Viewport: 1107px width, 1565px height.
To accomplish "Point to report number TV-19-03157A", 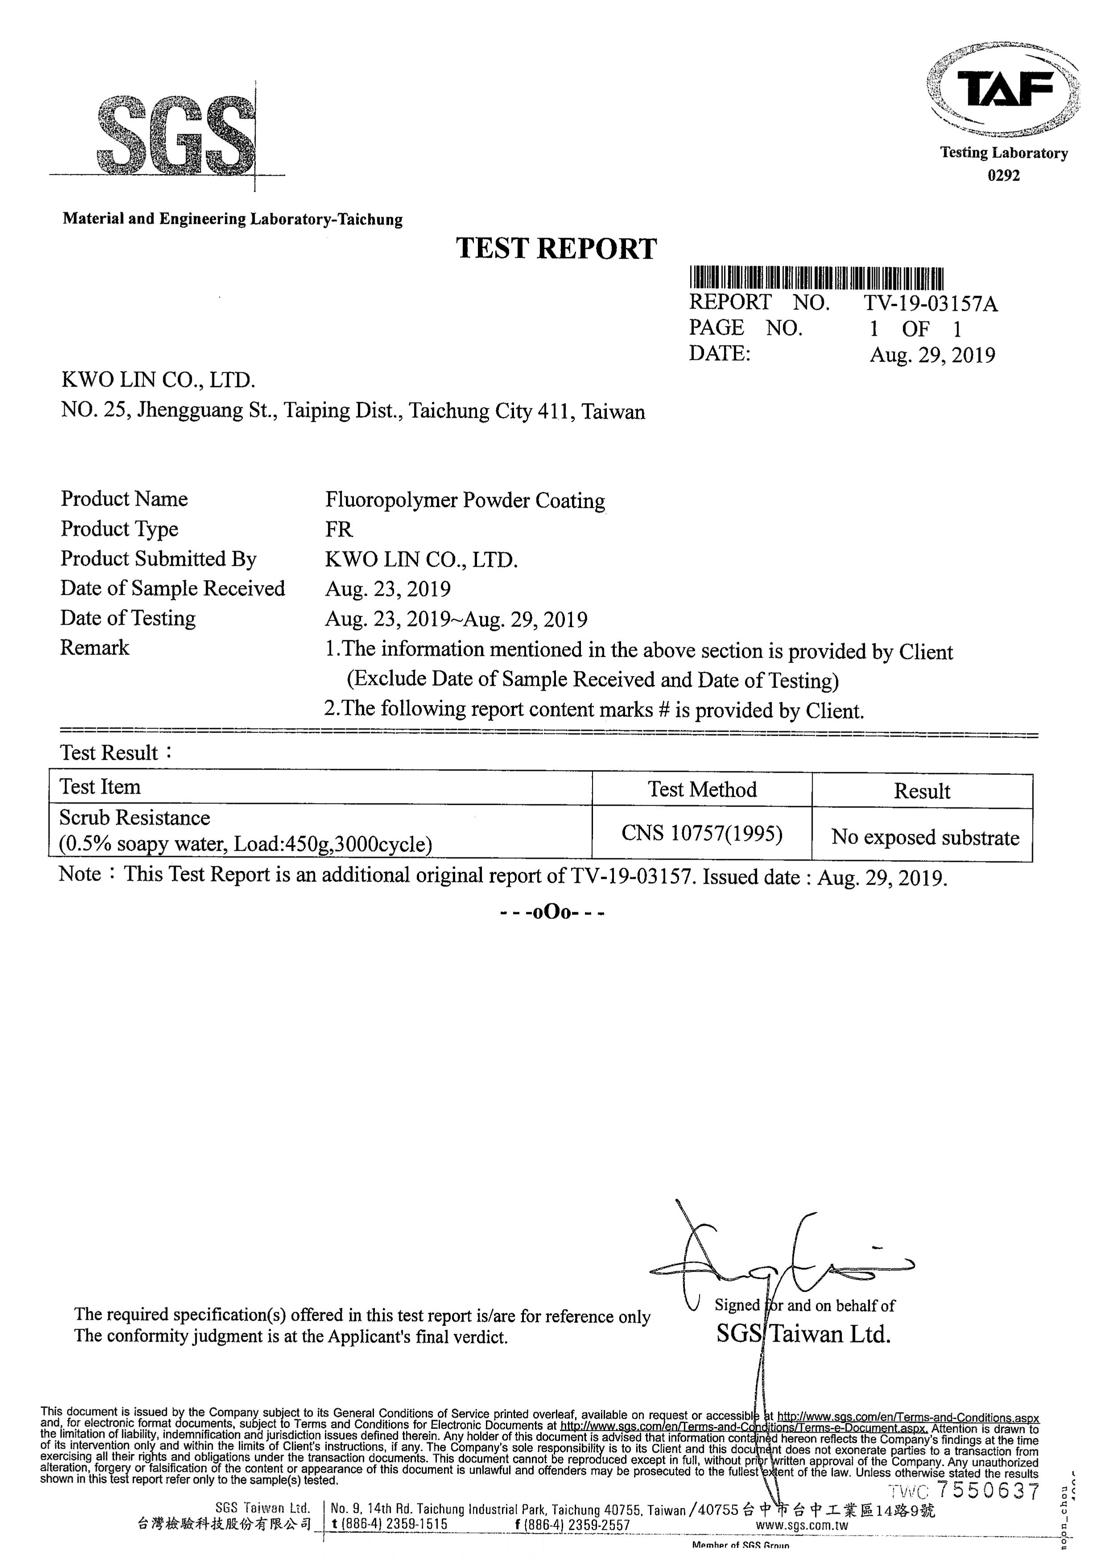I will pyautogui.click(x=930, y=303).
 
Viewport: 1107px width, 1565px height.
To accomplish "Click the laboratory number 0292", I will pyautogui.click(x=1004, y=176).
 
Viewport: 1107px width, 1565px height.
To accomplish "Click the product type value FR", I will pyautogui.click(x=339, y=530).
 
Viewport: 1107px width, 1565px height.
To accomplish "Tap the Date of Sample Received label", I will pyautogui.click(x=173, y=588).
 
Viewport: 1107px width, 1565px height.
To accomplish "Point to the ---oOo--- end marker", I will pyautogui.click(x=552, y=912).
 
